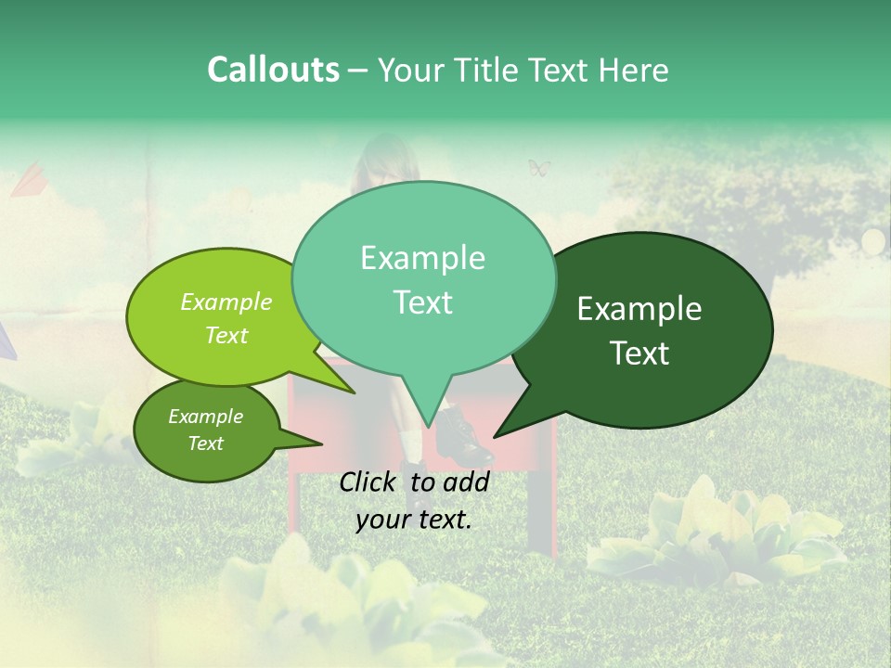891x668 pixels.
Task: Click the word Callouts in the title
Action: click(273, 70)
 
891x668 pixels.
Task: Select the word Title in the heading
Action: click(487, 71)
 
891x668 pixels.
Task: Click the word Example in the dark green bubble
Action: click(639, 309)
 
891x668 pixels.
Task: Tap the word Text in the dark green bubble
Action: click(640, 353)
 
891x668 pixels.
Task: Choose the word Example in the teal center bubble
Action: click(422, 258)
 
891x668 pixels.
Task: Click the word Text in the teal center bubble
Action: click(422, 302)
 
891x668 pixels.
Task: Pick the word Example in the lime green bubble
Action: click(226, 302)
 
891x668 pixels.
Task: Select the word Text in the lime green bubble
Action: click(226, 335)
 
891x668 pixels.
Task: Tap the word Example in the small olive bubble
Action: click(205, 417)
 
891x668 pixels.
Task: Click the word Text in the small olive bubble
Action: click(205, 443)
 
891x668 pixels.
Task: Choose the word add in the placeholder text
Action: click(466, 482)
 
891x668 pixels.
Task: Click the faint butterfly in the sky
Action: click(539, 168)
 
